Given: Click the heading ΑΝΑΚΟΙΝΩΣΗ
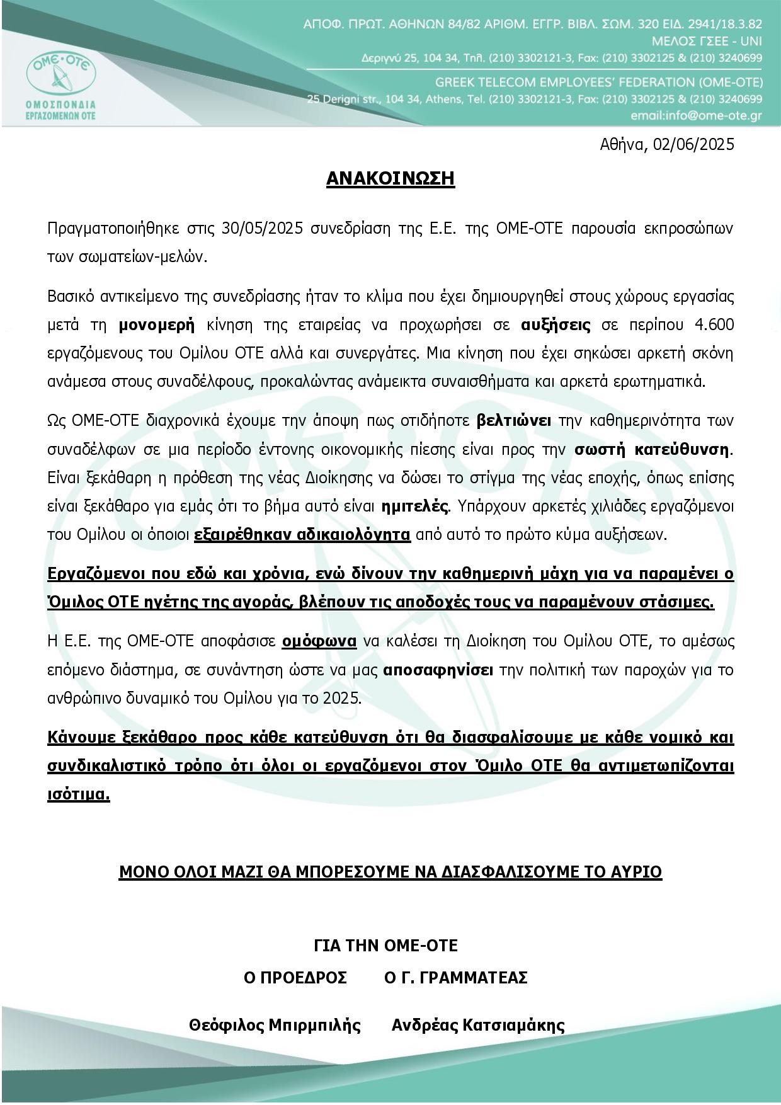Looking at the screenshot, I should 390,179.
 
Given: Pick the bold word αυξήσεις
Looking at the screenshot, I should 556,325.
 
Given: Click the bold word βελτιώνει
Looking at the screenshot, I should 515,420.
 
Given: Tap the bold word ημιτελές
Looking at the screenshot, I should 416,507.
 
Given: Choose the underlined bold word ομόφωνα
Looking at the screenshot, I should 319,642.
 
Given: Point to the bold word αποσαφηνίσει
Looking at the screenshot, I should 438,670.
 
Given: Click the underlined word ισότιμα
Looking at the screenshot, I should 79,795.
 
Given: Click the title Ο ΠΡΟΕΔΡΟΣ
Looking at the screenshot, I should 295,978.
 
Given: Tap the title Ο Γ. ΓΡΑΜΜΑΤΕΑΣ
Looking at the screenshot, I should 455,978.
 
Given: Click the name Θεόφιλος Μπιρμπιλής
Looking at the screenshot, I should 275,1026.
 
